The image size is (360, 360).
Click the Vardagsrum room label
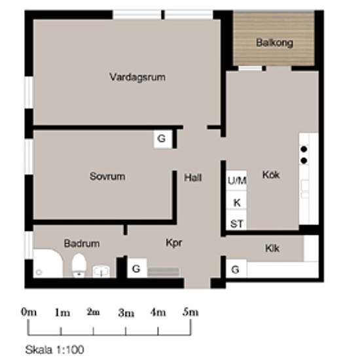tap(137, 77)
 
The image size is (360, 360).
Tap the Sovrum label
tap(107, 176)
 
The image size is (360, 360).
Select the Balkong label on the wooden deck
tap(275, 43)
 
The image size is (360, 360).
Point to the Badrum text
tap(82, 243)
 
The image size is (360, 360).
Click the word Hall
tap(193, 177)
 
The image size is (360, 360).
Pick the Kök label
tap(271, 175)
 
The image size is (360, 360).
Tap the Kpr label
tap(174, 243)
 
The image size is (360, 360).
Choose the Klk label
tap(272, 248)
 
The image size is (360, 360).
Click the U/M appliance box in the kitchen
tap(236, 181)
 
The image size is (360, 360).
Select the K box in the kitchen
tap(236, 200)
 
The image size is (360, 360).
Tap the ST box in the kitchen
tap(236, 220)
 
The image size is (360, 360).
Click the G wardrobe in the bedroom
tap(162, 139)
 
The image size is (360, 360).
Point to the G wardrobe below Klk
tap(236, 268)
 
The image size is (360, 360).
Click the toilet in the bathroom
tap(79, 265)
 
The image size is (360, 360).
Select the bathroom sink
tap(101, 272)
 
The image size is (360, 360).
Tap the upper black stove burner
tap(304, 149)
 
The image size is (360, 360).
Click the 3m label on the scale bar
tap(126, 313)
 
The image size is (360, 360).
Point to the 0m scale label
tap(29, 312)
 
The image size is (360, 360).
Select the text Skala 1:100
tap(54, 350)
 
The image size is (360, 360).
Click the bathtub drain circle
tap(39, 272)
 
